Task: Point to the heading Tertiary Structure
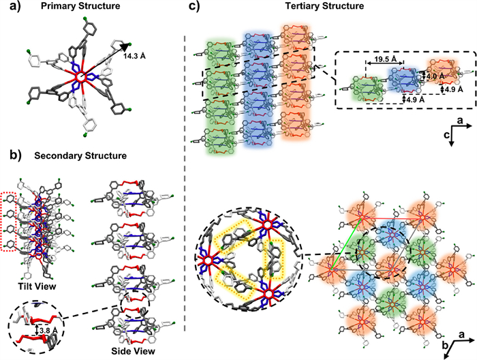(x=329, y=8)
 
